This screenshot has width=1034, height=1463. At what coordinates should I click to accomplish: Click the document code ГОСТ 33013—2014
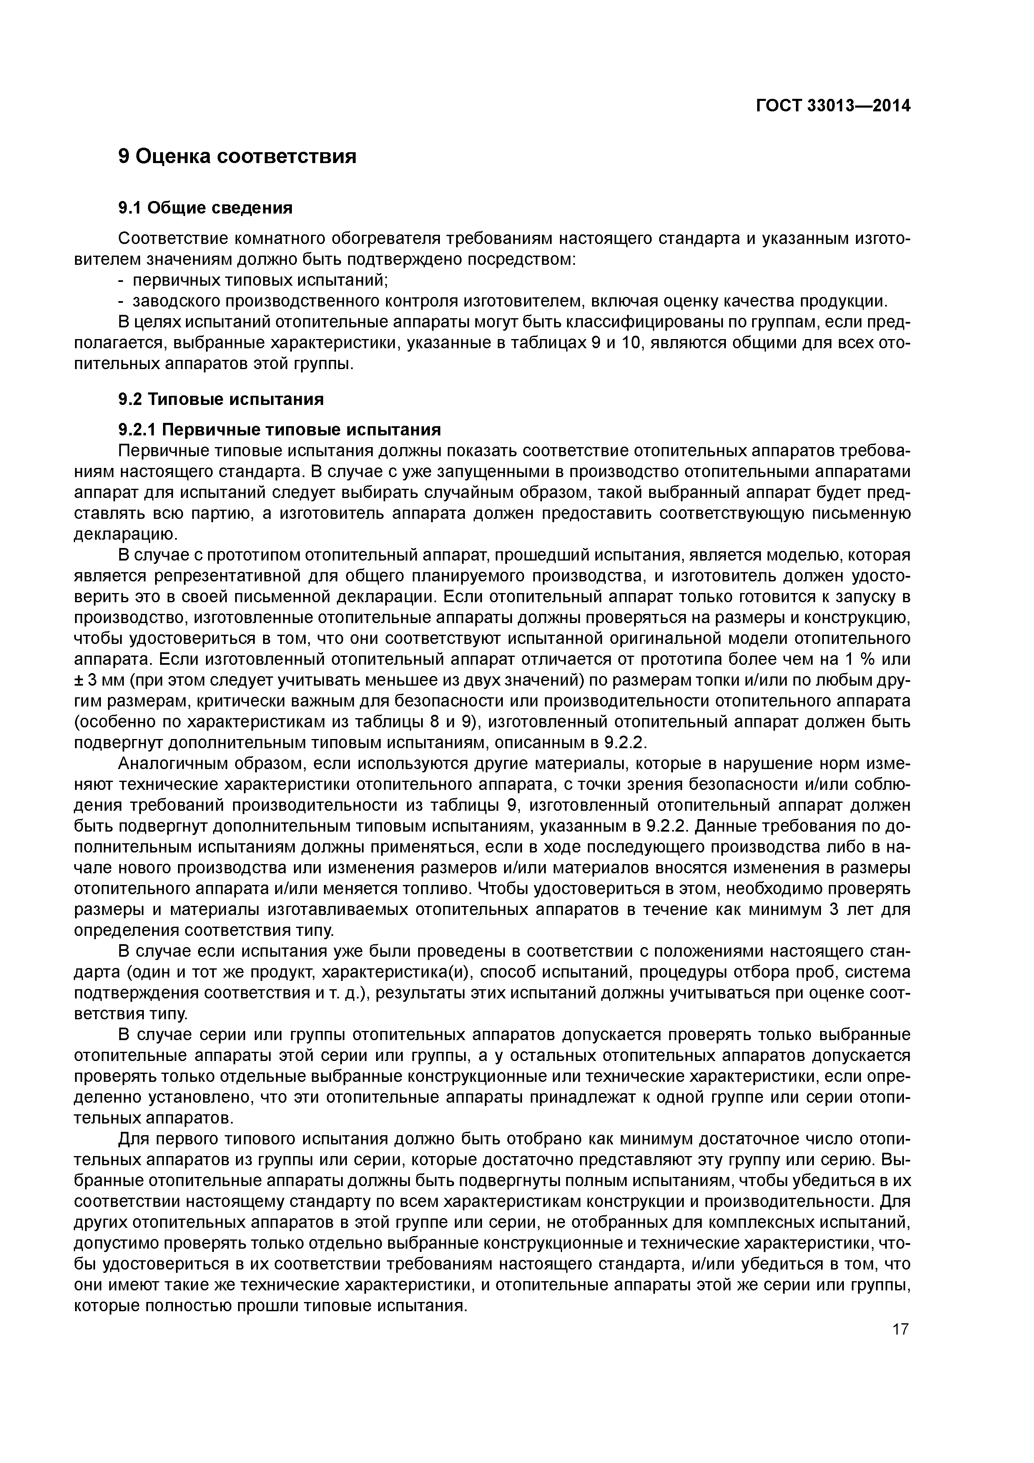click(x=833, y=106)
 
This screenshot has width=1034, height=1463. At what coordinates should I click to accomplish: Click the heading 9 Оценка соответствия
click(x=237, y=156)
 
